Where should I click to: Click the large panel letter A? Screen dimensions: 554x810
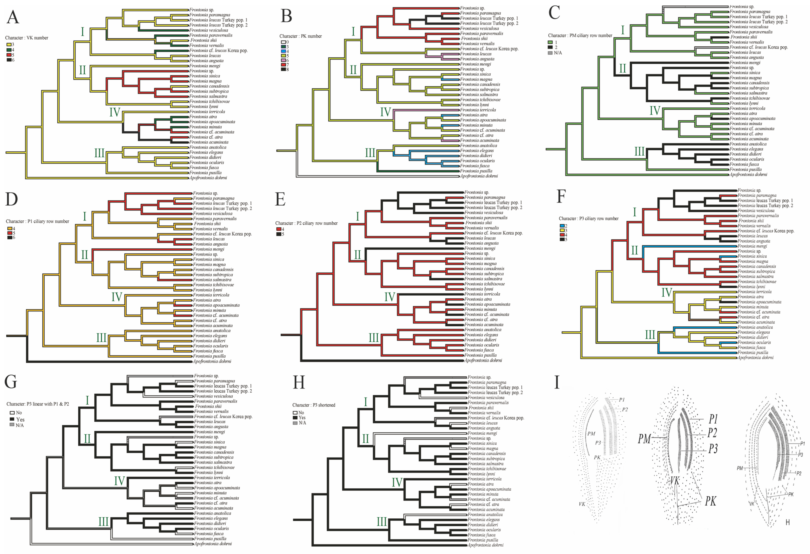(x=13, y=17)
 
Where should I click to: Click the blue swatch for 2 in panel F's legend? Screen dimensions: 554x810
(x=562, y=226)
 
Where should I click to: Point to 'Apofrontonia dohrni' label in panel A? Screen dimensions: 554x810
(x=208, y=178)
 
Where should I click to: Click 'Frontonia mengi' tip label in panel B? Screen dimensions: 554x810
(x=475, y=64)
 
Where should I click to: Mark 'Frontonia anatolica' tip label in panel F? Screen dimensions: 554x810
(x=755, y=327)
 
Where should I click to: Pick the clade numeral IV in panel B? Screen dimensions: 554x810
(x=385, y=112)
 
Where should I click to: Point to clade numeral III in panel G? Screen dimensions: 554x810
(x=104, y=522)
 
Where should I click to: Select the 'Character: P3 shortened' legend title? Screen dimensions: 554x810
(x=314, y=405)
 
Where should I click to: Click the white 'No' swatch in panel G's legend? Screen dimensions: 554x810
(x=12, y=413)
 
